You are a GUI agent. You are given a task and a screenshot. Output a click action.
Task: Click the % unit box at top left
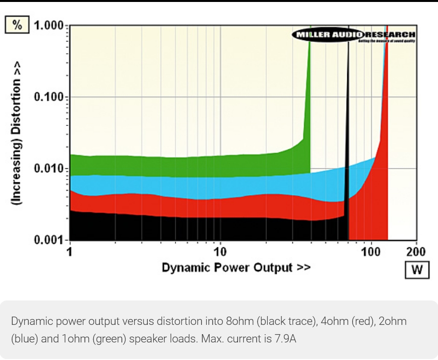tap(17, 25)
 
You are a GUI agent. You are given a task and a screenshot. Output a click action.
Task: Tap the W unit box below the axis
tap(417, 270)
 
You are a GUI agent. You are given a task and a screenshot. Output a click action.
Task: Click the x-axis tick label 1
tap(70, 252)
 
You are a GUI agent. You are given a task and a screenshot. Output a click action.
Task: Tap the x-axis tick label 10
tap(220, 252)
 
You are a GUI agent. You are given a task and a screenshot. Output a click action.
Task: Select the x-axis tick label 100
tap(372, 252)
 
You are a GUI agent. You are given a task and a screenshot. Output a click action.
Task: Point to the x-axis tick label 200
tap(416, 252)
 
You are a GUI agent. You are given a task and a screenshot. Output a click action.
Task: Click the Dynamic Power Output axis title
tap(236, 268)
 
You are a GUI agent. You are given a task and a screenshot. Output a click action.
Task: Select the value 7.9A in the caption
tap(283, 338)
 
